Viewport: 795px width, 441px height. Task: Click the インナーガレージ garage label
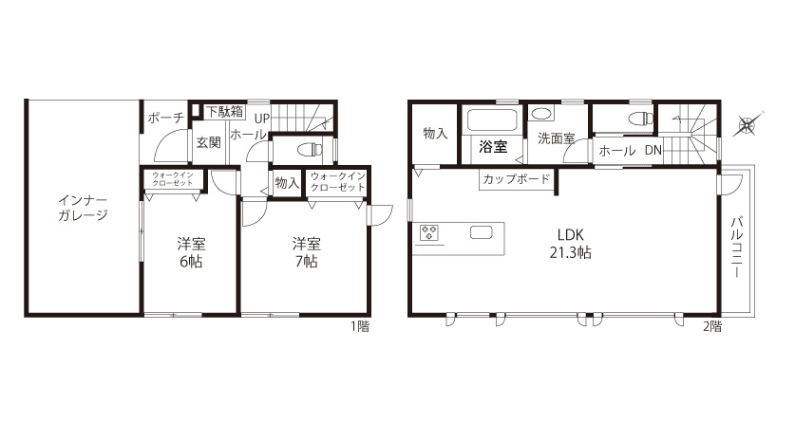click(x=83, y=208)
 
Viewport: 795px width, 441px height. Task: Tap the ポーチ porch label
click(x=166, y=118)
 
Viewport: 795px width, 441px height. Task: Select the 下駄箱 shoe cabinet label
click(x=225, y=112)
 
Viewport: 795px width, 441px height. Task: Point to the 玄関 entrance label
click(x=208, y=142)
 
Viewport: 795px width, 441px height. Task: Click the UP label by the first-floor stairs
click(x=261, y=119)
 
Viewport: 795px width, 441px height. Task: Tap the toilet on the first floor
click(x=311, y=149)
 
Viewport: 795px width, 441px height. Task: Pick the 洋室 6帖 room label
click(x=191, y=252)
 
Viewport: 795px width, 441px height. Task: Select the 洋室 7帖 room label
click(x=306, y=252)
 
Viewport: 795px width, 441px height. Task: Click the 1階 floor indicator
click(x=360, y=326)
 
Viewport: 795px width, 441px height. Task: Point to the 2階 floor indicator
click(x=711, y=326)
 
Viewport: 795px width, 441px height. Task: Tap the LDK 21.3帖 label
click(x=571, y=244)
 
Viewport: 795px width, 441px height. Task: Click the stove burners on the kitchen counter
click(x=429, y=233)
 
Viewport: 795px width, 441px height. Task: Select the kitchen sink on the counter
click(x=482, y=233)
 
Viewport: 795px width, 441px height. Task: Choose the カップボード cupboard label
click(x=516, y=178)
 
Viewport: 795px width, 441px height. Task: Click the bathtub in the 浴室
click(x=492, y=120)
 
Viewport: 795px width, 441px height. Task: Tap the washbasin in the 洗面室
click(x=541, y=114)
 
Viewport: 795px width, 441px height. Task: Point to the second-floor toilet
click(x=641, y=119)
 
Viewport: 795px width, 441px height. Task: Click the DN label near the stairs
click(x=653, y=151)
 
